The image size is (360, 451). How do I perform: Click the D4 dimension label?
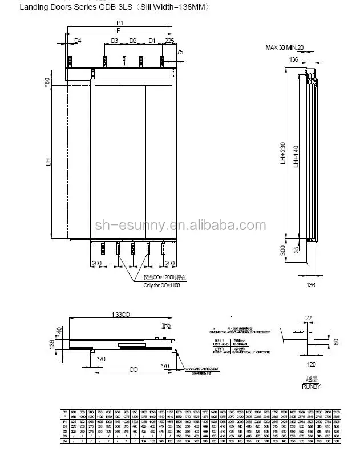78,41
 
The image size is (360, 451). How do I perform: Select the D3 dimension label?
114,41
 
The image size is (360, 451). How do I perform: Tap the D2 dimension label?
132,41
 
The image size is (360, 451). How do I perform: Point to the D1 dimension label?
152,41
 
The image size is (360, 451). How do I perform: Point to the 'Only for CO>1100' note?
161,285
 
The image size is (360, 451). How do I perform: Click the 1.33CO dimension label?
122,315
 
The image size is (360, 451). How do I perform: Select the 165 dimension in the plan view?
166,325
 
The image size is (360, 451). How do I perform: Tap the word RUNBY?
311,386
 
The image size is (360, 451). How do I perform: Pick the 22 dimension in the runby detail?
309,317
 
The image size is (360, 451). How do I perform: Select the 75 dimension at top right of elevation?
181,52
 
